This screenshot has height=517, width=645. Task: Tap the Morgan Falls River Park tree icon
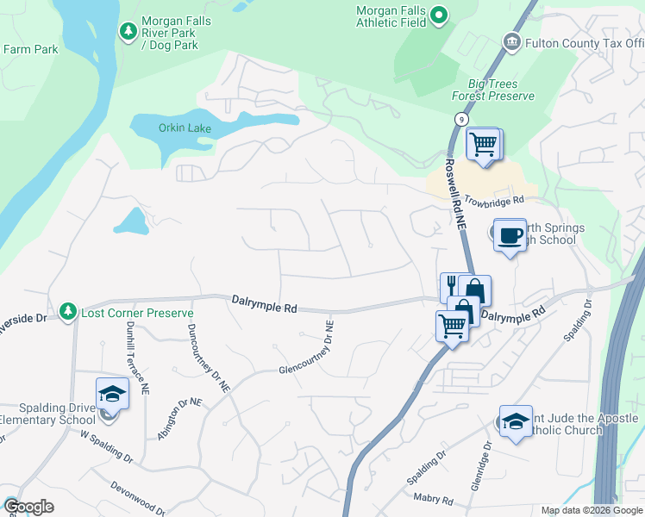click(128, 32)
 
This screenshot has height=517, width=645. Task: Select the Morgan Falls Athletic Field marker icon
click(439, 15)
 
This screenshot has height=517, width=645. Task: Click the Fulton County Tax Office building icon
click(511, 42)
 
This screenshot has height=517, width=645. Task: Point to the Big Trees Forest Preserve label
click(493, 90)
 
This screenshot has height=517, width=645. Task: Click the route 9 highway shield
click(463, 118)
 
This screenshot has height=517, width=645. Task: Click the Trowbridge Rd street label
click(494, 201)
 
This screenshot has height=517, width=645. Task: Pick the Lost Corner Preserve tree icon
click(68, 310)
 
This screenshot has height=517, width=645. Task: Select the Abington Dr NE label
click(178, 420)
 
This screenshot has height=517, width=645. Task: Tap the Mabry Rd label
click(435, 499)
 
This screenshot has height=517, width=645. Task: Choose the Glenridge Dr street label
click(481, 466)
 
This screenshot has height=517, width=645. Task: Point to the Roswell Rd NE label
click(455, 195)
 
